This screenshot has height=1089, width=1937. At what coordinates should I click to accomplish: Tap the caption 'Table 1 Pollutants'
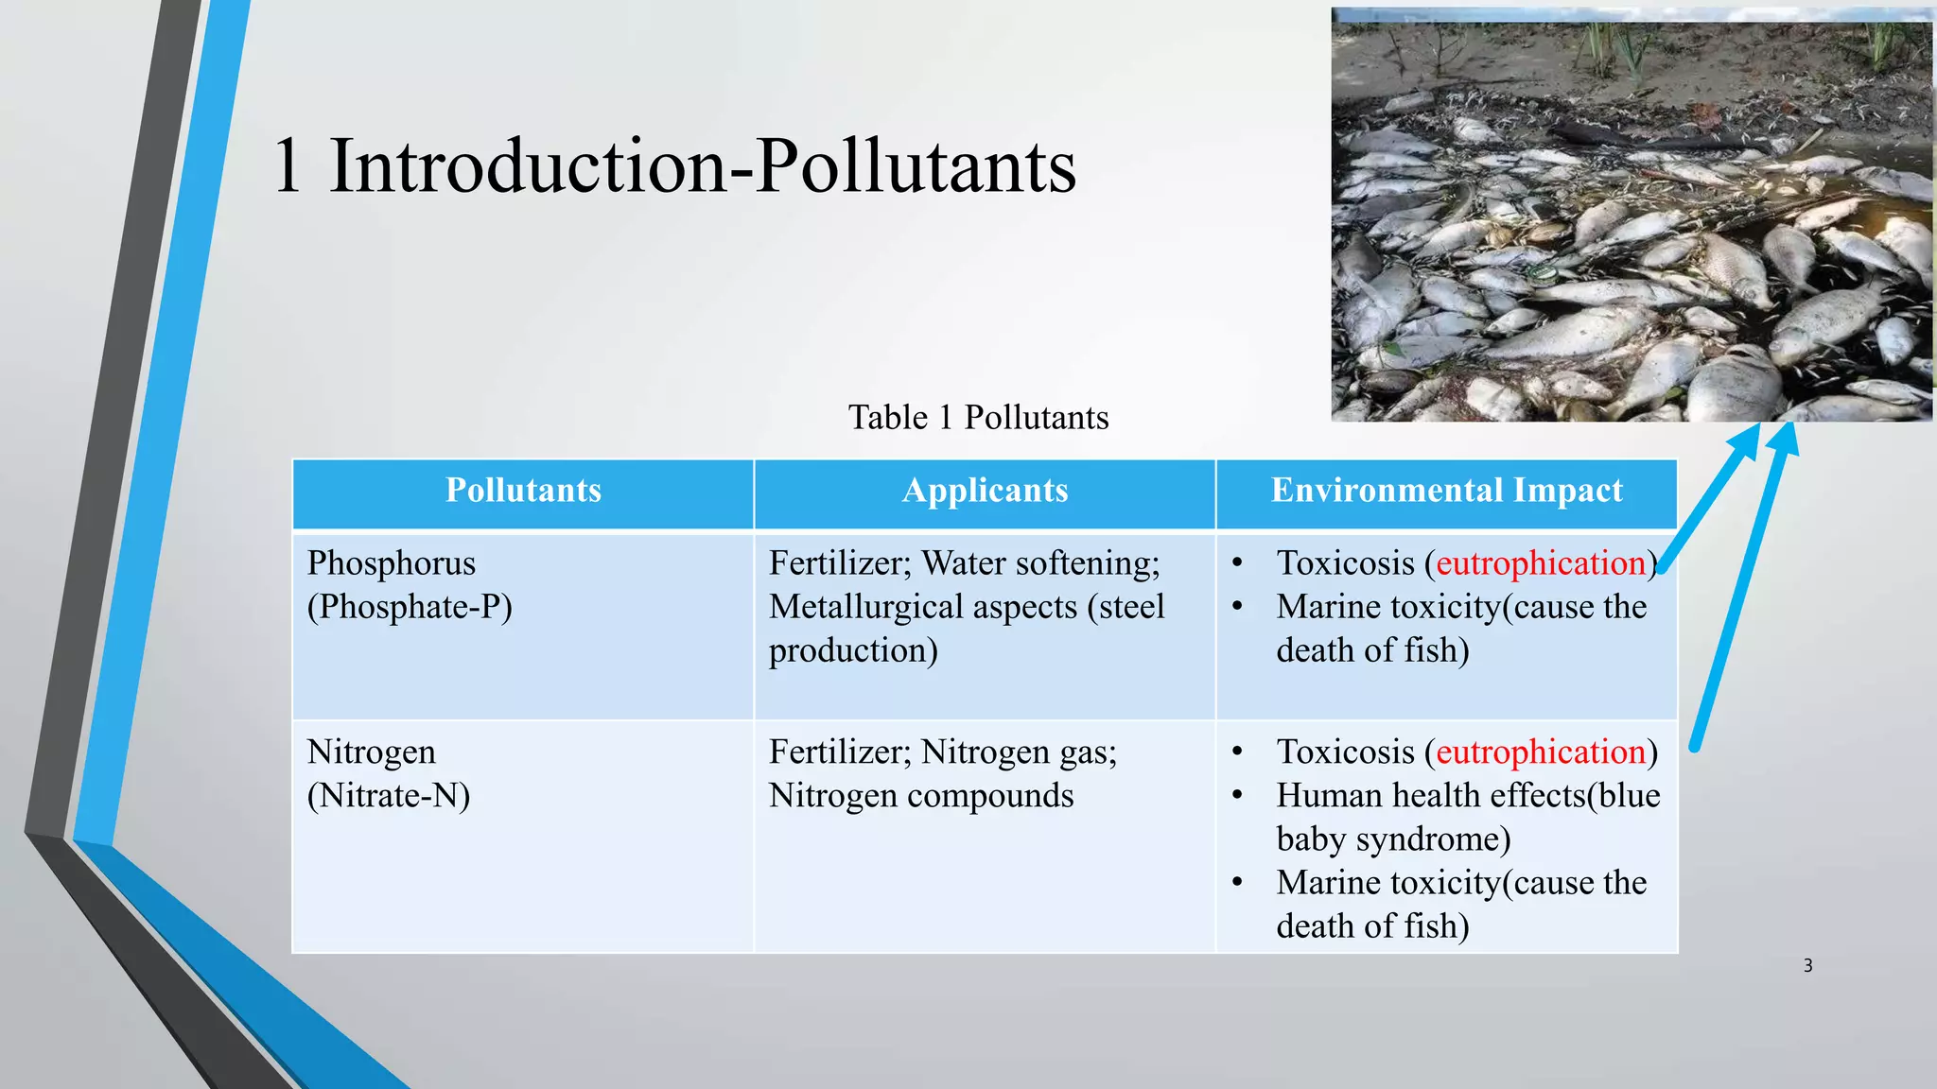pyautogui.click(x=978, y=417)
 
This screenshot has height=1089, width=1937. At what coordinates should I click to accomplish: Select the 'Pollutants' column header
pyautogui.click(x=523, y=491)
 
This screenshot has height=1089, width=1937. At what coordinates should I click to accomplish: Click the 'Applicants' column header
pyautogui.click(x=985, y=491)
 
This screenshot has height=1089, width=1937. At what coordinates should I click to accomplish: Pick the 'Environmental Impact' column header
pyautogui.click(x=1446, y=491)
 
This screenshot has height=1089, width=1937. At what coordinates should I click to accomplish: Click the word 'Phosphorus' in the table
pyautogui.click(x=391, y=563)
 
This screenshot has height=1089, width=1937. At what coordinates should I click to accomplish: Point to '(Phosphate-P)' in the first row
pyautogui.click(x=410, y=607)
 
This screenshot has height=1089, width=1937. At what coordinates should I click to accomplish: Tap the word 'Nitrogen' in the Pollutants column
pyautogui.click(x=371, y=752)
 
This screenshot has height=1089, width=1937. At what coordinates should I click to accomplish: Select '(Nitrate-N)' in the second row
pyautogui.click(x=388, y=796)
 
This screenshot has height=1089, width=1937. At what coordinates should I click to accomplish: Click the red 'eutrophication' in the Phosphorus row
pyautogui.click(x=1541, y=563)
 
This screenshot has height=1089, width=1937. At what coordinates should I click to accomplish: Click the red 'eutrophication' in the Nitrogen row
pyautogui.click(x=1541, y=752)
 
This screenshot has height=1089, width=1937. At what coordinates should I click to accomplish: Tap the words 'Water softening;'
pyautogui.click(x=1040, y=563)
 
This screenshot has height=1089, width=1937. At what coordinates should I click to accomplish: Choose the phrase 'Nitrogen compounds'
pyautogui.click(x=921, y=796)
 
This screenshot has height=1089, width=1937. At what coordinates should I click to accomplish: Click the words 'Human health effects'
pyautogui.click(x=1430, y=796)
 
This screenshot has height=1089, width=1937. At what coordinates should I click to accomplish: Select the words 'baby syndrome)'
pyautogui.click(x=1393, y=839)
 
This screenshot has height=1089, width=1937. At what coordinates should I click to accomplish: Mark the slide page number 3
pyautogui.click(x=1807, y=965)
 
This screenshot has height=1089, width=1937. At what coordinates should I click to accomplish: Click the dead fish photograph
pyautogui.click(x=1632, y=215)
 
